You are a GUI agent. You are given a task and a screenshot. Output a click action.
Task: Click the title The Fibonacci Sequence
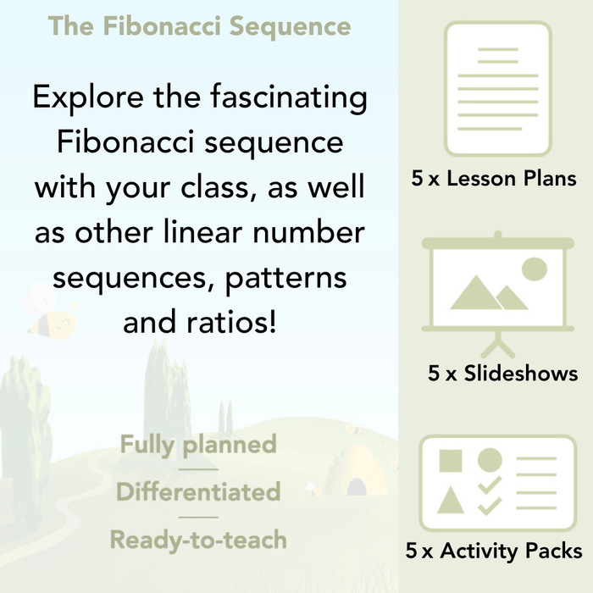pyautogui.click(x=199, y=26)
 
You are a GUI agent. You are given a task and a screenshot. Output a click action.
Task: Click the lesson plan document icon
pyautogui.click(x=497, y=89)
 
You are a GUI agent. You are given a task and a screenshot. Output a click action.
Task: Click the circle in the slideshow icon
pyautogui.click(x=534, y=269)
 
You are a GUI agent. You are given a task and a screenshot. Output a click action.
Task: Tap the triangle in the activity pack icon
pyautogui.click(x=450, y=502)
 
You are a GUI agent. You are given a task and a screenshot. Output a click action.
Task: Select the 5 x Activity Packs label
pyautogui.click(x=494, y=551)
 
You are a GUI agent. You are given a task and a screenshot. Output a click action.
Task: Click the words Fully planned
pyautogui.click(x=198, y=445)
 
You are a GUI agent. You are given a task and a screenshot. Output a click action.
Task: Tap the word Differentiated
pyautogui.click(x=198, y=491)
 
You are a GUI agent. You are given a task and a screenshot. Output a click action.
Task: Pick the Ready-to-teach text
pyautogui.click(x=198, y=539)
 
